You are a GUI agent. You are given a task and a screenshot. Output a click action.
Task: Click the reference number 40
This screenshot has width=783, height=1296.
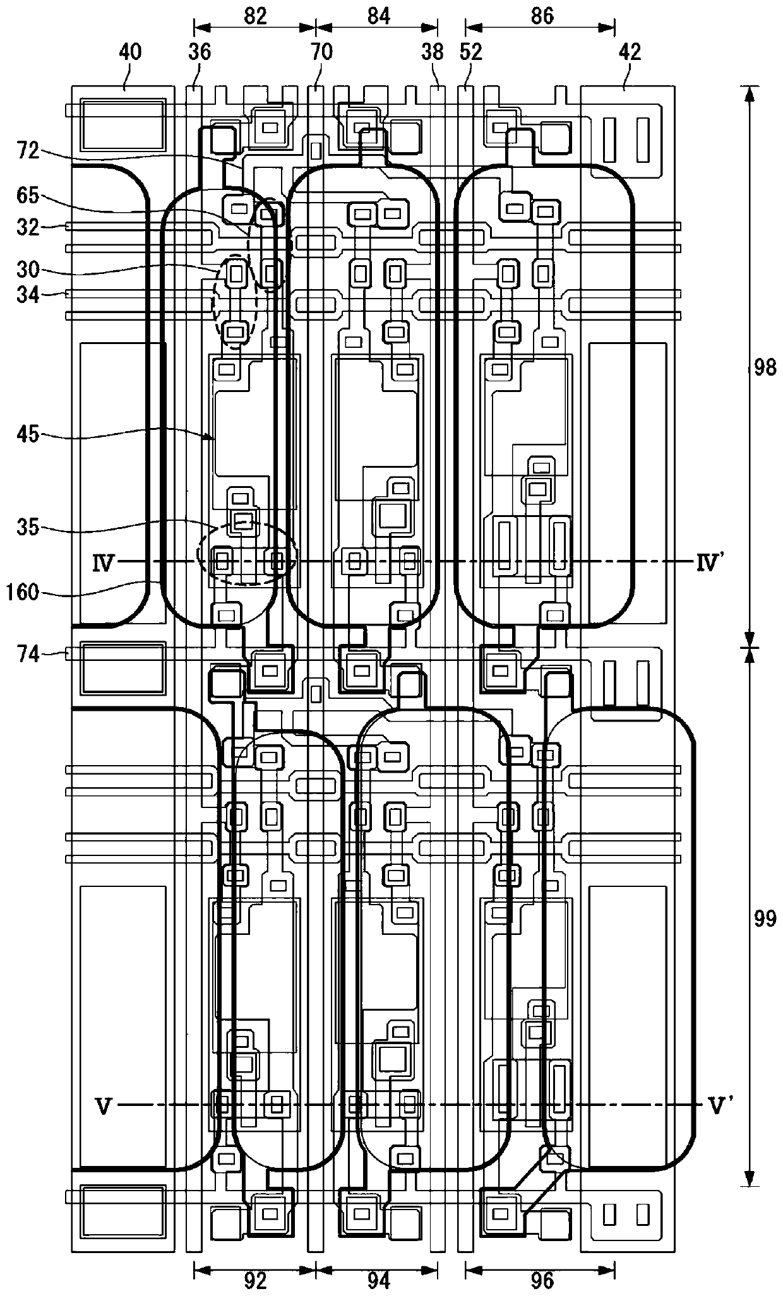131,52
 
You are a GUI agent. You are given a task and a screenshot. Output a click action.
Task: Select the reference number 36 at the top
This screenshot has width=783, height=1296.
200,52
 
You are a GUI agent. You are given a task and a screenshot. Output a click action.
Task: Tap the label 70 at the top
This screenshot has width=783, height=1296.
321,52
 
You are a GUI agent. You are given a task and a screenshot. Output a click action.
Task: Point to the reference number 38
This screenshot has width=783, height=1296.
433,52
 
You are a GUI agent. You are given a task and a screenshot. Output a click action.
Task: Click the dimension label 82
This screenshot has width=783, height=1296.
255,16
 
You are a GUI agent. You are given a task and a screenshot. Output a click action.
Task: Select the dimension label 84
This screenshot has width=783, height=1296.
378,16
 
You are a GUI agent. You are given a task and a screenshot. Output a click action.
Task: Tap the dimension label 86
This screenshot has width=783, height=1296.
542,16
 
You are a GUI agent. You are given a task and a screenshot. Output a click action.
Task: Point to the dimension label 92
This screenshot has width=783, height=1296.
255,1279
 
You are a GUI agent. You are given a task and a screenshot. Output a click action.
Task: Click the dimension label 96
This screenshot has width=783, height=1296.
542,1279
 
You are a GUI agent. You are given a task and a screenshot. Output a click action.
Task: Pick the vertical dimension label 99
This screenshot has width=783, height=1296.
765,918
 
